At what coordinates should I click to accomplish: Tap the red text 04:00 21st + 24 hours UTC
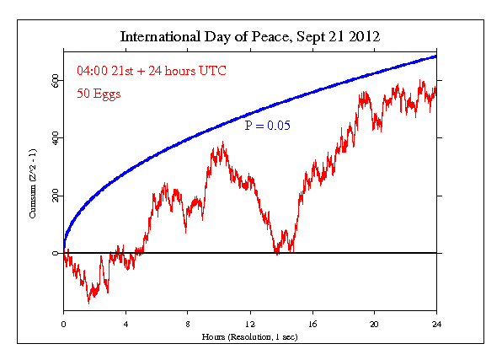click(140, 71)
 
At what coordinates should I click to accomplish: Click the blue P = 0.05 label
click(267, 125)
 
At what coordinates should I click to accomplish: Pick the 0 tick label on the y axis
click(56, 253)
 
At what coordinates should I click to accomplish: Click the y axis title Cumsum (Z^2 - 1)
click(33, 192)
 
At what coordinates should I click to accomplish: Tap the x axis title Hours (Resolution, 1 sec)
click(249, 336)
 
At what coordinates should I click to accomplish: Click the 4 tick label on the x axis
click(125, 323)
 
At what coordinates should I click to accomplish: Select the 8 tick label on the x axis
click(188, 323)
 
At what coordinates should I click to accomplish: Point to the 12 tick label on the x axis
click(250, 323)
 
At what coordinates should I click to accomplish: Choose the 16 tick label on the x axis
click(312, 323)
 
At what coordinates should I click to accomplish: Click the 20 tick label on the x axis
click(374, 323)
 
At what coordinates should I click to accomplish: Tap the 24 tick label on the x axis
click(436, 323)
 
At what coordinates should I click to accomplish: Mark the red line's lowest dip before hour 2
click(89, 301)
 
